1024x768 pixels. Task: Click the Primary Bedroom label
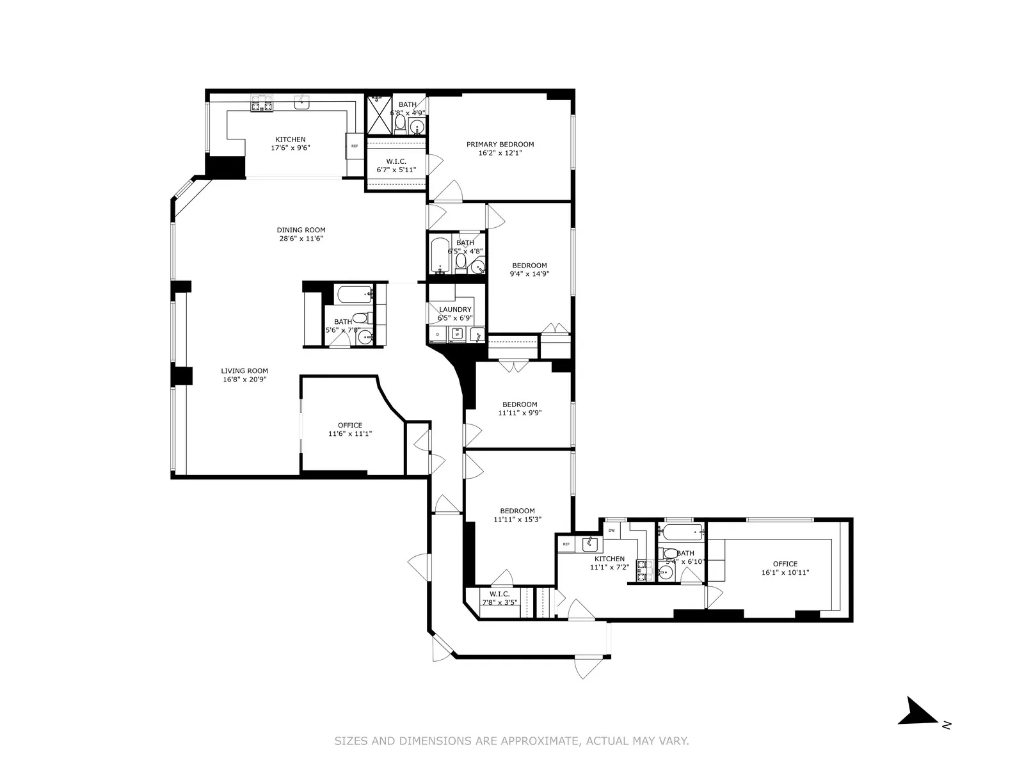500,145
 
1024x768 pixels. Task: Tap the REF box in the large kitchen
355,146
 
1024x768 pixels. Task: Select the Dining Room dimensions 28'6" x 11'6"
301,239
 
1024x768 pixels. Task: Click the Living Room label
244,371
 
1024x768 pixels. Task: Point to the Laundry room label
455,310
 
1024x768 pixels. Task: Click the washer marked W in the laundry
457,334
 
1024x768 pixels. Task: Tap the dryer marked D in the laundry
438,334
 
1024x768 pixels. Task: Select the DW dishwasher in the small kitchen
612,531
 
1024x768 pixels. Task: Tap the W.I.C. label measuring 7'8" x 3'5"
499,594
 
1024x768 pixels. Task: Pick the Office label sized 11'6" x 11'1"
350,425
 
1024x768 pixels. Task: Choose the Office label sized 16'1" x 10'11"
785,564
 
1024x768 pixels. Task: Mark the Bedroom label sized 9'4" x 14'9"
529,266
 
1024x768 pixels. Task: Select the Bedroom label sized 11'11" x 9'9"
520,404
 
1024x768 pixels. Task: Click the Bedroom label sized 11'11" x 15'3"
517,511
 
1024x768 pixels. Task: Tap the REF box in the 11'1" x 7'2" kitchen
566,544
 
